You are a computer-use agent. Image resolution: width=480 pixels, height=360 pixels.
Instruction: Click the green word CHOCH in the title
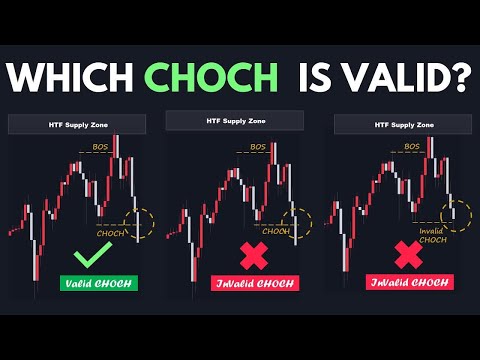211,77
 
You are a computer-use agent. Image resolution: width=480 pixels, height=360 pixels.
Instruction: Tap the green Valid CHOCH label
98,283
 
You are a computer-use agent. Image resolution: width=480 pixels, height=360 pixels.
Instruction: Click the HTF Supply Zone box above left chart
77,125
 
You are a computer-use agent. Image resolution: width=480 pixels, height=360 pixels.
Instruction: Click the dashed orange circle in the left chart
143,223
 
